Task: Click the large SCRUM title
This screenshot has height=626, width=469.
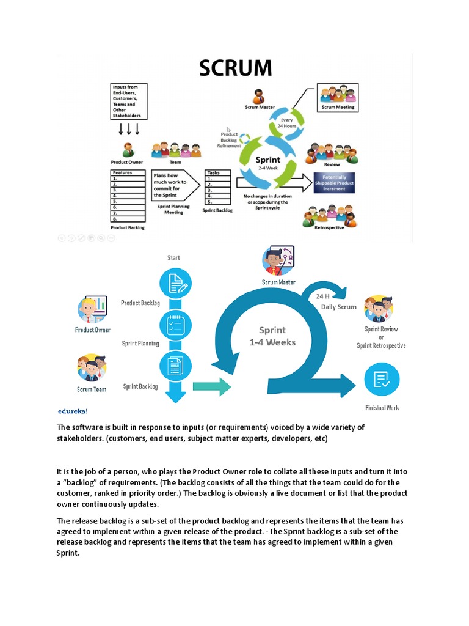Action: [x=234, y=68]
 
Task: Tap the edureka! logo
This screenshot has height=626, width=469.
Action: [x=72, y=411]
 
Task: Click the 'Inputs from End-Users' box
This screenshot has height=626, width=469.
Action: [x=128, y=101]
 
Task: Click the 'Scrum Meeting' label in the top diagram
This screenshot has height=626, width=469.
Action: [x=338, y=107]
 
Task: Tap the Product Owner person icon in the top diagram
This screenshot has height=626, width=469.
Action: [x=128, y=150]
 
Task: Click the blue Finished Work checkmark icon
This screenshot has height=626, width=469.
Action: [x=382, y=380]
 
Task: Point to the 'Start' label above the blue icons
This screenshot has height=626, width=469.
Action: [x=174, y=258]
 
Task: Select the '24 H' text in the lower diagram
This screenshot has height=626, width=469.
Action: [x=324, y=296]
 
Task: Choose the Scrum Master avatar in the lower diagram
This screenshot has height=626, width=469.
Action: [x=278, y=261]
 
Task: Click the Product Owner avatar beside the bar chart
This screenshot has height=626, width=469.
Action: [x=92, y=309]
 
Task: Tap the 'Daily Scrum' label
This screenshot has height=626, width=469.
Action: [x=338, y=307]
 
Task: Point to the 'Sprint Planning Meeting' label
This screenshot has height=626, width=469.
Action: [x=173, y=210]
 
